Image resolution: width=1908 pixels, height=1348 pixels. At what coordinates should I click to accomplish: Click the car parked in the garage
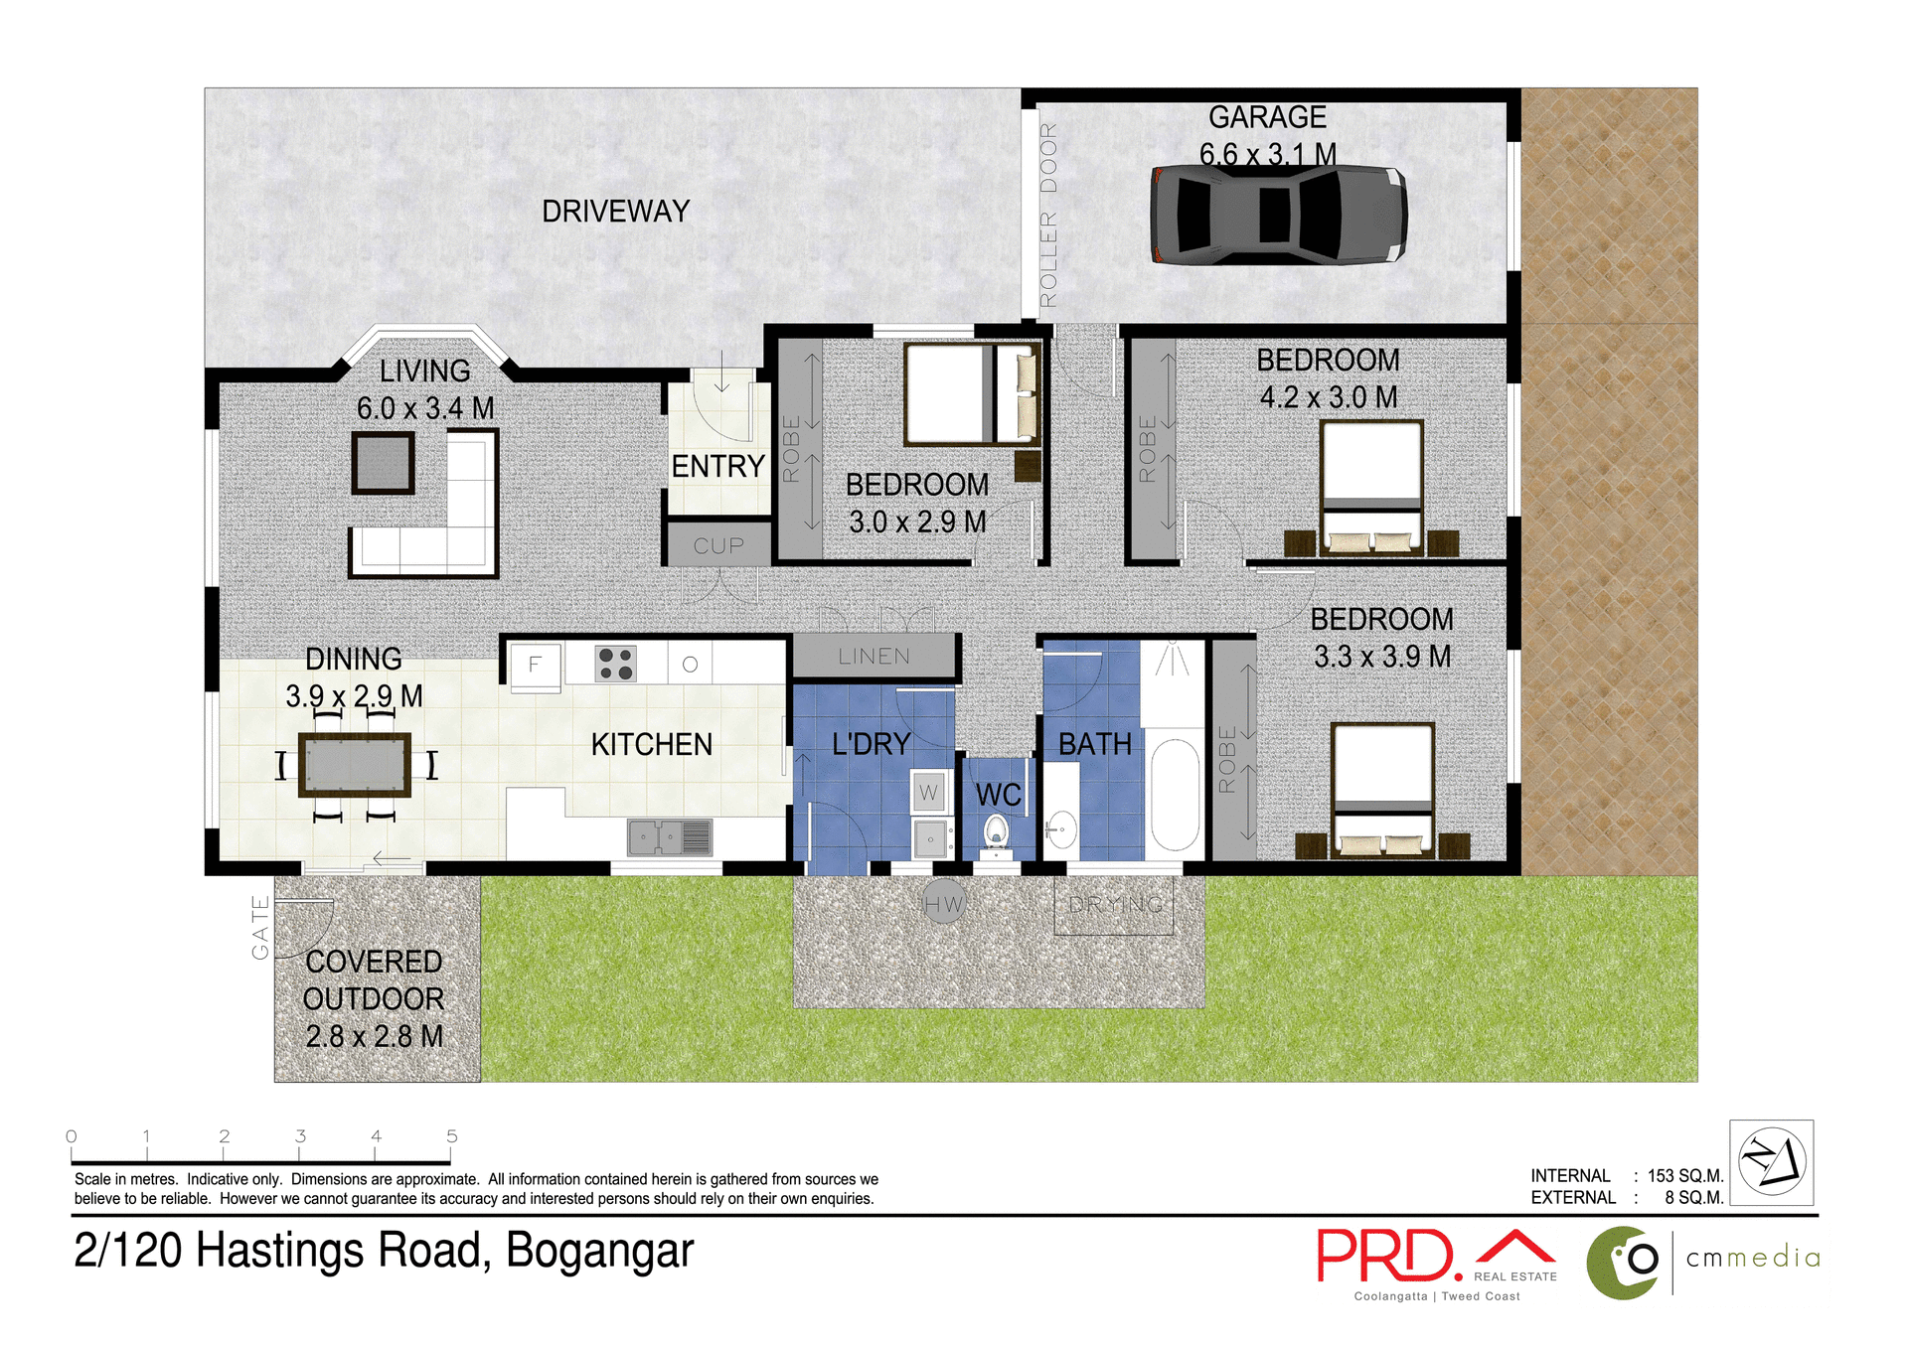coord(1278,215)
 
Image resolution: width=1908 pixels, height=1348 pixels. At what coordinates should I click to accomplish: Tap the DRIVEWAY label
coord(615,212)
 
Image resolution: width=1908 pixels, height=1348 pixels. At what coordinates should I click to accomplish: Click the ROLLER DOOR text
coord(1048,215)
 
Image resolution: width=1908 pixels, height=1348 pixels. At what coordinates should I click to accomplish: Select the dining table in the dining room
coord(355,765)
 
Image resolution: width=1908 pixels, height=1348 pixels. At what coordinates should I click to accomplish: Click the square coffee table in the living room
coord(383,463)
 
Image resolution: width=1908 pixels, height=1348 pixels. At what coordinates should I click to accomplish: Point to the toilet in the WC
coord(996,832)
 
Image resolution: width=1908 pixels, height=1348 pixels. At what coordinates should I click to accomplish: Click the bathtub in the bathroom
coord(1175,795)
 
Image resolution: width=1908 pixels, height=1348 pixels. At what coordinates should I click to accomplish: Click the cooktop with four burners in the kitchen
coord(616,664)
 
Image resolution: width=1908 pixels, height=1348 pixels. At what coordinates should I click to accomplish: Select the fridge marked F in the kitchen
coord(535,665)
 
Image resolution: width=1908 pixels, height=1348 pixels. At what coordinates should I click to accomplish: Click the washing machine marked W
coord(928,793)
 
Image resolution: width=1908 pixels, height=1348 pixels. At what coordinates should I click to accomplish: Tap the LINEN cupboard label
coord(874,657)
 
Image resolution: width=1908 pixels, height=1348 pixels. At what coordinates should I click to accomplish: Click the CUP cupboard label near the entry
coord(718,546)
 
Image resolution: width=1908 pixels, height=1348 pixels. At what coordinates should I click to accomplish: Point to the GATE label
coord(260,927)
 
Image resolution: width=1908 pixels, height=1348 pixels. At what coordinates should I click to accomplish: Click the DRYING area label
coord(1115,905)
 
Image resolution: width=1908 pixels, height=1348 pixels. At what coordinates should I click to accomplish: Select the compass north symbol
coord(1771,1162)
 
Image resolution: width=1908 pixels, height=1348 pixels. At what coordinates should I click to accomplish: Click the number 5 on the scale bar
coord(451,1135)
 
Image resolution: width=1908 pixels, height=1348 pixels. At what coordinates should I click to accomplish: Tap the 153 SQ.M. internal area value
coord(1684,1175)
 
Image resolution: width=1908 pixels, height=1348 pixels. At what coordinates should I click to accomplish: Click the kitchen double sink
coord(669,837)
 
